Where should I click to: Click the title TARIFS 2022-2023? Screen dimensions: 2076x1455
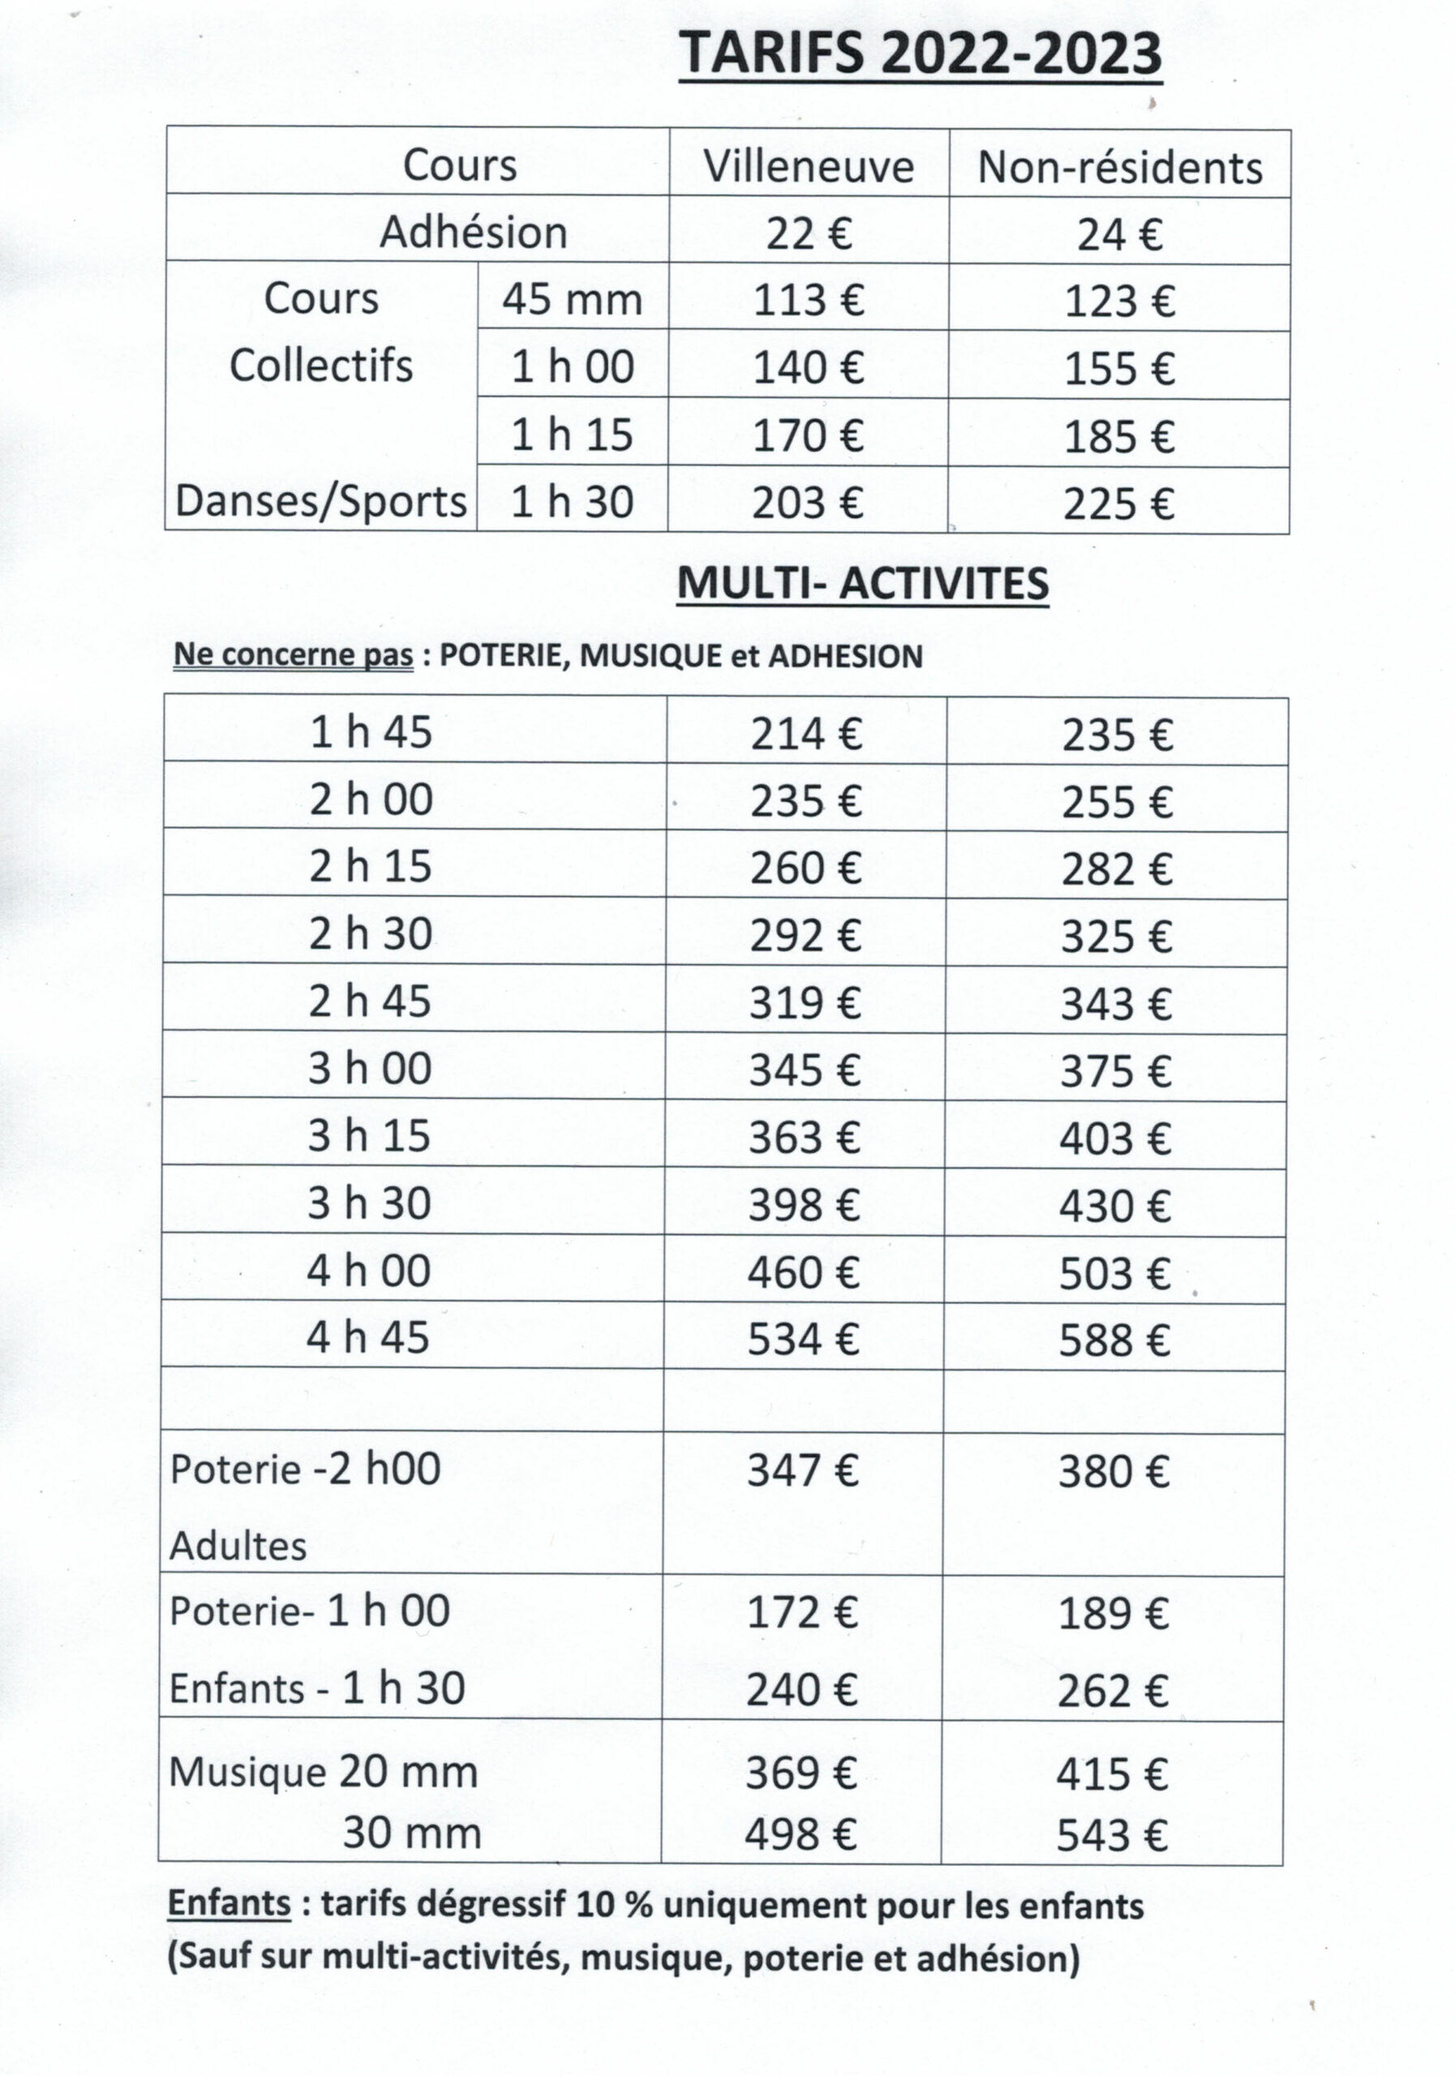(x=920, y=54)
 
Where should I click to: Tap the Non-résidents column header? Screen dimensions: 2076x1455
(x=1119, y=168)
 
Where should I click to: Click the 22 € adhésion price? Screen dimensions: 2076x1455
(x=809, y=234)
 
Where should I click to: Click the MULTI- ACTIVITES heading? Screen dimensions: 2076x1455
(x=863, y=584)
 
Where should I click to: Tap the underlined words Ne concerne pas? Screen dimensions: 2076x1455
(x=293, y=655)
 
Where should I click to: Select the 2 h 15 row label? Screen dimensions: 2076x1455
(x=371, y=867)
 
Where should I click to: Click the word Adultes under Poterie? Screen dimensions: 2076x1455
(x=238, y=1546)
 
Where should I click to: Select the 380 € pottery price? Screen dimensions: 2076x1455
(x=1114, y=1472)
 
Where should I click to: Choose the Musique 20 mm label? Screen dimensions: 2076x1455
(x=323, y=1771)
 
